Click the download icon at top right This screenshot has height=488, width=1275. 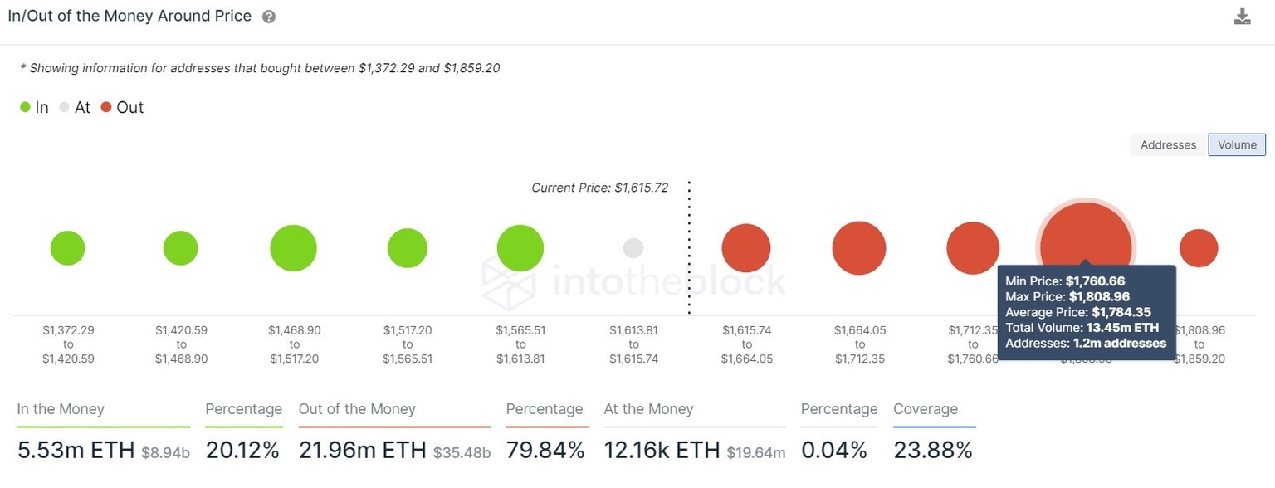1242,17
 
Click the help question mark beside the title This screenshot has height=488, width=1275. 269,17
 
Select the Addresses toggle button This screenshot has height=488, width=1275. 1168,144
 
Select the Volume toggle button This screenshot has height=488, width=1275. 1237,144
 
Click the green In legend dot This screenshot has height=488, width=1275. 25,107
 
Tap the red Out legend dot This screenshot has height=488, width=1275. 106,107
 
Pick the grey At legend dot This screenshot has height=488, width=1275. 65,107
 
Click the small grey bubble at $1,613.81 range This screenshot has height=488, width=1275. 633,248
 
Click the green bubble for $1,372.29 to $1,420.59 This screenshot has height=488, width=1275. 68,248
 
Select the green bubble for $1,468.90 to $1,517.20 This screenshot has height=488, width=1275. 294,248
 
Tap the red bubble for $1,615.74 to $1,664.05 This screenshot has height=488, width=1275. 746,248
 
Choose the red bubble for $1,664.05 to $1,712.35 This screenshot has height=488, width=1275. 859,248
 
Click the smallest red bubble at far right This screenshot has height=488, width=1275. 1199,248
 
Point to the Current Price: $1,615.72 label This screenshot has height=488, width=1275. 599,188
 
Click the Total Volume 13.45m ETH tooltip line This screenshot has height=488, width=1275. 1082,328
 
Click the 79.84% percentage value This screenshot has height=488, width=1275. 545,451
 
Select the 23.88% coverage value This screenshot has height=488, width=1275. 933,451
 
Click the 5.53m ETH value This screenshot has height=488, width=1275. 76,451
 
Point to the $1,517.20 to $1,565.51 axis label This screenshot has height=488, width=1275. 408,344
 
